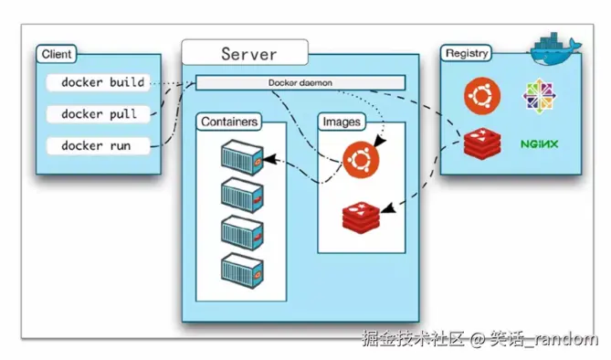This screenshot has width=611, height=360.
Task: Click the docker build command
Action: tap(101, 82)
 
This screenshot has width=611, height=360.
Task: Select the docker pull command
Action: tap(99, 114)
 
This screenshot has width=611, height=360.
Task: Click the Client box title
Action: tap(57, 55)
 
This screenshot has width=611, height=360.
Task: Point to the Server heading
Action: tap(248, 54)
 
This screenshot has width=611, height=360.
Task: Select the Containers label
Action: tap(229, 122)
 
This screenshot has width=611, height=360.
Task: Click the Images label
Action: tap(342, 122)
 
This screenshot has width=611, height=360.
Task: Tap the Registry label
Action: tap(467, 54)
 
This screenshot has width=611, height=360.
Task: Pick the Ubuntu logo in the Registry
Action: tap(480, 95)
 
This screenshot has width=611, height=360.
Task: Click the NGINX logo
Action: tap(540, 143)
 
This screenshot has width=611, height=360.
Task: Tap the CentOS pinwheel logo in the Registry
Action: tap(540, 96)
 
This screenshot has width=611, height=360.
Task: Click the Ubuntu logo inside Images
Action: tap(361, 160)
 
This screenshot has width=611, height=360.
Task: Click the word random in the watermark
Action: tap(564, 340)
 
